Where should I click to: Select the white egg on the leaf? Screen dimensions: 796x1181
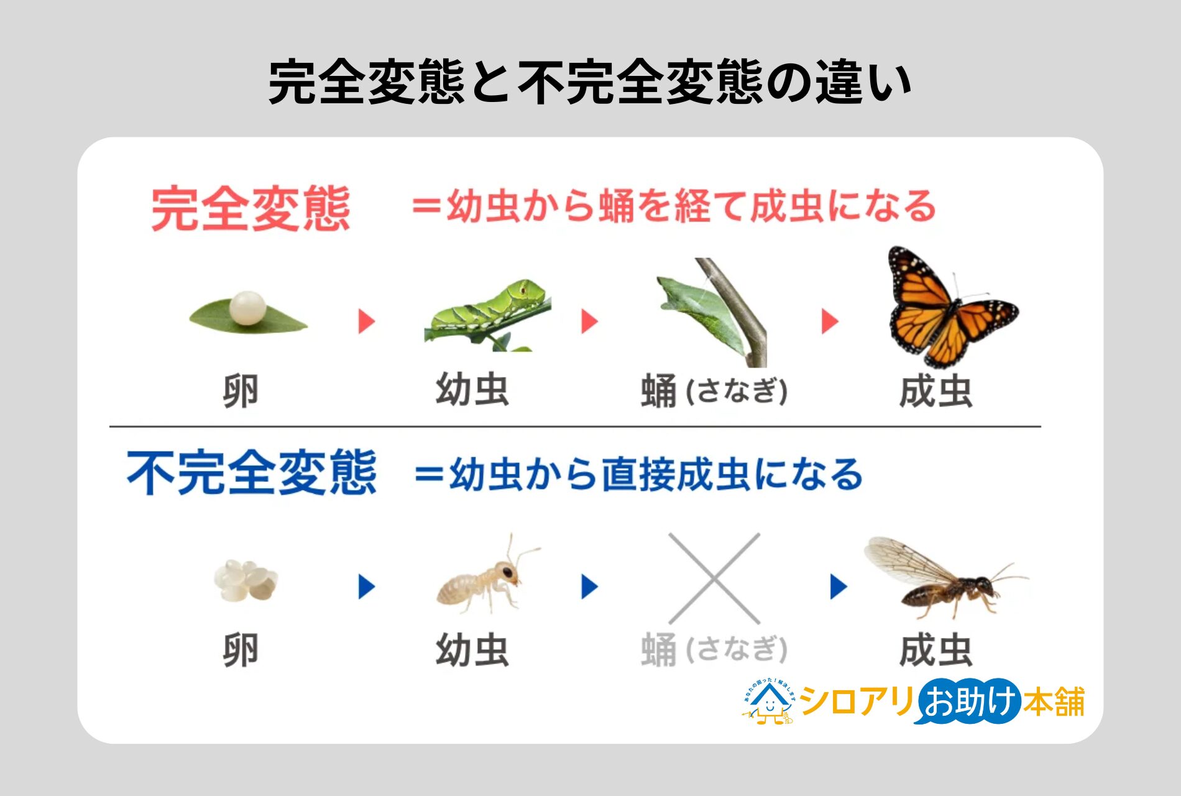click(x=247, y=308)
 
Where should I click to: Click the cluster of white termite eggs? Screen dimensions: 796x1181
click(x=246, y=580)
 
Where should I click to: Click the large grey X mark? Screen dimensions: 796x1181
click(x=714, y=578)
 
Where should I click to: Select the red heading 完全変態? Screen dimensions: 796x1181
click(x=250, y=210)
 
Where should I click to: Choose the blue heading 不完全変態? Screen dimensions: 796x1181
click(x=252, y=473)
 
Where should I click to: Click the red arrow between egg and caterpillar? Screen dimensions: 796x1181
click(x=367, y=322)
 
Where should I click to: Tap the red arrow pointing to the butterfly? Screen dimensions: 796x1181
click(x=830, y=322)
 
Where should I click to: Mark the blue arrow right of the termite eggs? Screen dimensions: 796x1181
click(x=367, y=586)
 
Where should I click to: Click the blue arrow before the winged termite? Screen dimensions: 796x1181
click(x=839, y=586)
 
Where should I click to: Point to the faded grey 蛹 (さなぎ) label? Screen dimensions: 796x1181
click(x=714, y=650)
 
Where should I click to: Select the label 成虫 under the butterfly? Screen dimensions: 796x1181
click(x=935, y=392)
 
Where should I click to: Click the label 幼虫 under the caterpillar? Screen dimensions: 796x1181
click(x=472, y=391)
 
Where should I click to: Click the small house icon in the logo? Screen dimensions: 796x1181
click(x=770, y=703)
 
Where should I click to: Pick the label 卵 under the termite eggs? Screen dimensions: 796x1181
click(x=241, y=650)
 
